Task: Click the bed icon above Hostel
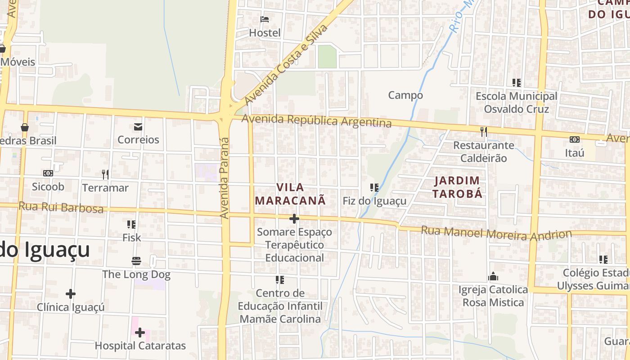265,19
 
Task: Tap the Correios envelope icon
138,127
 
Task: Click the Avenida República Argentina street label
316,121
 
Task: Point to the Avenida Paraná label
224,178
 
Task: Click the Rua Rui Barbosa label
61,207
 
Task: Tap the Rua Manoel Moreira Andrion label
496,234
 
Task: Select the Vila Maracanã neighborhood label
290,194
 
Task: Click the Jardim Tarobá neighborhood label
458,187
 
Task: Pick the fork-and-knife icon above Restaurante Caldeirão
484,131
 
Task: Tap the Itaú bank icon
575,139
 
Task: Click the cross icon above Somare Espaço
294,219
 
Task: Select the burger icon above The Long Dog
136,261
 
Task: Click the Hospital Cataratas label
140,346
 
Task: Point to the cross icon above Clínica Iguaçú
71,294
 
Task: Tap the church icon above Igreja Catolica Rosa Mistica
493,276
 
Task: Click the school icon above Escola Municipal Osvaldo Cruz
517,83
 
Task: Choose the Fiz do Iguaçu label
374,201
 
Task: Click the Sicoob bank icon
48,173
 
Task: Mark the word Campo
405,95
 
